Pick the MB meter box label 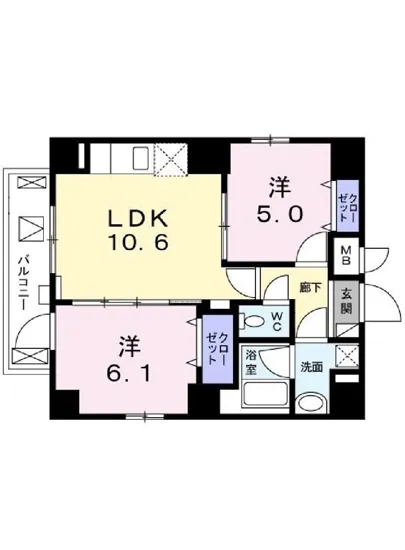[346, 256]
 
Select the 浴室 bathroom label [253, 361]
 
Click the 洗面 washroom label [311, 366]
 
